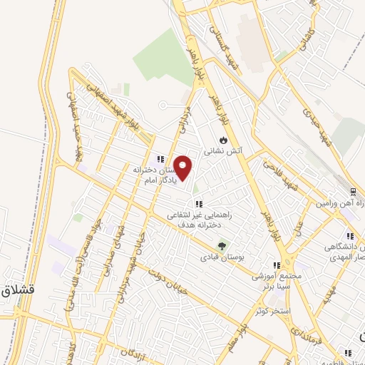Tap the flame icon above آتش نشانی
point(223,139)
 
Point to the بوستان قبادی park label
point(221,257)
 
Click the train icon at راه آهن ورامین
point(353,192)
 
